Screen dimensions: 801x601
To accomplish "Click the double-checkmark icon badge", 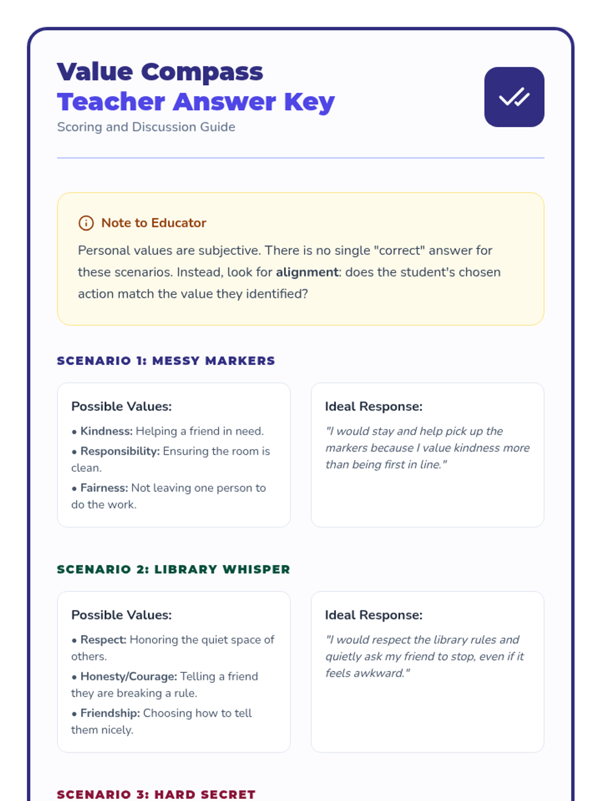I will click(x=514, y=97).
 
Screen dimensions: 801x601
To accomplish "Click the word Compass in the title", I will click(x=202, y=72).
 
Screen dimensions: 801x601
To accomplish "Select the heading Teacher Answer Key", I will click(x=196, y=102).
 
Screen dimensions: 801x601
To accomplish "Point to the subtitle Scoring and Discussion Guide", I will click(x=146, y=127).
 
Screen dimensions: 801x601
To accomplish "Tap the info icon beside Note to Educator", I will click(x=86, y=223).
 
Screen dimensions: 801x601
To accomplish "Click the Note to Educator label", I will click(x=154, y=223).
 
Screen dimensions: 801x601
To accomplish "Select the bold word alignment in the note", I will click(x=307, y=272).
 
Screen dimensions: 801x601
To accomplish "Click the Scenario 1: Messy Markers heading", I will click(x=166, y=361).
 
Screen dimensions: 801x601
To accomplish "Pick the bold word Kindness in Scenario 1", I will click(x=106, y=431).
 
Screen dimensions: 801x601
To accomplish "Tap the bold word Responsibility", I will click(x=120, y=451).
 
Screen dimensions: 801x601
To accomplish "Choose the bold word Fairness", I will click(x=105, y=488).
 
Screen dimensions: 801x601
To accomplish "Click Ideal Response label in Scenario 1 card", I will click(x=374, y=407).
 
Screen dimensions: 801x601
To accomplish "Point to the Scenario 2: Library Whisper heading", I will click(x=173, y=569).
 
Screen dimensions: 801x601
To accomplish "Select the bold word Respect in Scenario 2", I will click(x=103, y=640).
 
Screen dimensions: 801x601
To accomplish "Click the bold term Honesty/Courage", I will click(x=129, y=676).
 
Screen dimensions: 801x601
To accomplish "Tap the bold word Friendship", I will click(x=110, y=713).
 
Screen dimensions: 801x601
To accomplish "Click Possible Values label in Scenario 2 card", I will click(x=121, y=615).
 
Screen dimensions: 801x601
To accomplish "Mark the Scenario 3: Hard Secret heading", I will click(x=156, y=794).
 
